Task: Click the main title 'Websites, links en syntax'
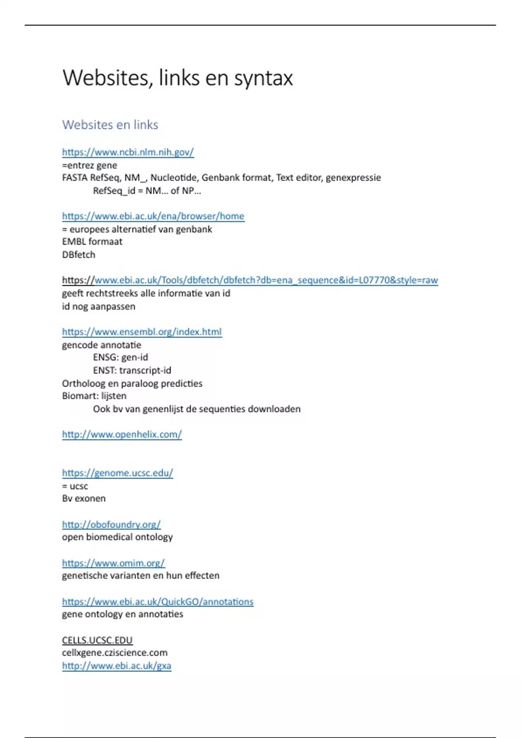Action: click(178, 78)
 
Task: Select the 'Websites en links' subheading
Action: click(110, 125)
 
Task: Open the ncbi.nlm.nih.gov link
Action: click(128, 152)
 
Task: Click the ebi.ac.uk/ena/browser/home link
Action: click(153, 216)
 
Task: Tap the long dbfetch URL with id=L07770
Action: click(250, 280)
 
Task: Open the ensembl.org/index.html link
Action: click(142, 332)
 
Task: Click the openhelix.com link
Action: click(122, 435)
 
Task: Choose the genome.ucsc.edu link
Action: click(117, 473)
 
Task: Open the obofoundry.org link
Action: click(111, 524)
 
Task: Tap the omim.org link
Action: click(113, 563)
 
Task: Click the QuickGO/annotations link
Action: click(158, 602)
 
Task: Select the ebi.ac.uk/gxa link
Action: click(116, 666)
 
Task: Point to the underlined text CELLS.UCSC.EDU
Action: click(97, 640)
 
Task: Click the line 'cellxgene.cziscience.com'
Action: click(115, 653)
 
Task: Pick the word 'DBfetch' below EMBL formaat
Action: click(79, 255)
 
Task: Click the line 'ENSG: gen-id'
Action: click(120, 357)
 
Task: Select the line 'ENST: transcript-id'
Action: click(132, 370)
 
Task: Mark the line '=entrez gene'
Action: click(89, 165)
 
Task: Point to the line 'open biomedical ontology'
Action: click(117, 537)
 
